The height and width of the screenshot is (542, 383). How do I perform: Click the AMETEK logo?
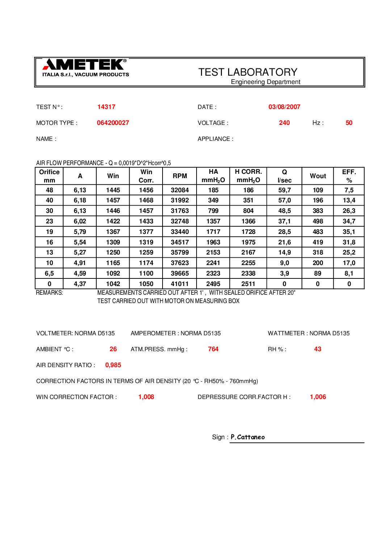tap(85, 68)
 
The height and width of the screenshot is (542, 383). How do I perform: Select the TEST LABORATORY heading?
tap(248, 72)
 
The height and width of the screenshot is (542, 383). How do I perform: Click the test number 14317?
tap(106, 107)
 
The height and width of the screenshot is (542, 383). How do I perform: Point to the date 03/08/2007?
tap(284, 107)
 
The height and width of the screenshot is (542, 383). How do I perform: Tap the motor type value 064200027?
tap(113, 123)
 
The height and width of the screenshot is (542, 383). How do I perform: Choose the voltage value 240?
tap(284, 123)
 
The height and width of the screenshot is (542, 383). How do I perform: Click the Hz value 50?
tap(349, 123)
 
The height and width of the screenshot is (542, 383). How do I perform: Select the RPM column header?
tap(180, 176)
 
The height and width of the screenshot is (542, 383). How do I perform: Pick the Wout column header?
tap(317, 176)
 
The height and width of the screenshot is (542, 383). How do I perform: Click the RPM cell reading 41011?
tap(180, 284)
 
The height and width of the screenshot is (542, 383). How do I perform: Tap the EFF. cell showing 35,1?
tap(349, 232)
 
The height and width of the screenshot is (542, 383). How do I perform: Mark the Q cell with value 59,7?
tap(284, 190)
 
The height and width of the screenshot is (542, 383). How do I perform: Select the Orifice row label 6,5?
tap(49, 273)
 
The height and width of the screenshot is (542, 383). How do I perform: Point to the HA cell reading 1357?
tap(213, 221)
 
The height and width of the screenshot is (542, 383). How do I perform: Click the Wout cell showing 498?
tap(317, 221)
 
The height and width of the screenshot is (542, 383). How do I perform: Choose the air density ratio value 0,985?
tap(113, 365)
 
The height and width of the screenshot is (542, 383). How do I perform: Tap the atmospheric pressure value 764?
tap(213, 349)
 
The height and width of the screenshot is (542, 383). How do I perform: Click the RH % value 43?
tap(317, 349)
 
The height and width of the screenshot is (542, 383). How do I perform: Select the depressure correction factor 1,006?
tap(317, 397)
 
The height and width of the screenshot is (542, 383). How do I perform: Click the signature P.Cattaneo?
tap(248, 437)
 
